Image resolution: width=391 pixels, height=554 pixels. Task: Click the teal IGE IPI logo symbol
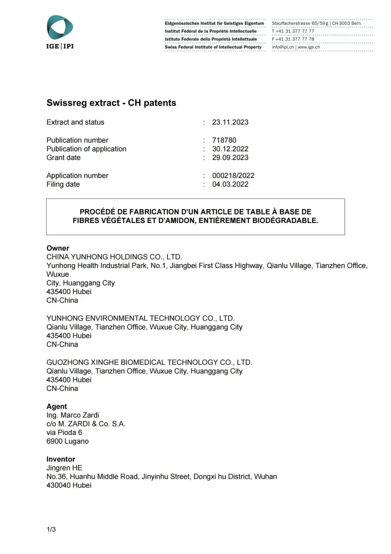click(60, 27)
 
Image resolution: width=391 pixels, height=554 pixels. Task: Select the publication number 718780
click(224, 140)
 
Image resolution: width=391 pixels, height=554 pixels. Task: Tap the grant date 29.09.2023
click(230, 158)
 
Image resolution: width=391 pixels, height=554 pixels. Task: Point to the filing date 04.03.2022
click(230, 185)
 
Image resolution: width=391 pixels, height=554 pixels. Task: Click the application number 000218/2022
click(233, 176)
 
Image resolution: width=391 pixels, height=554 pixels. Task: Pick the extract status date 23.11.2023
click(230, 123)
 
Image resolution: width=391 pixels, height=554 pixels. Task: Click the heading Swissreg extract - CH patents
click(111, 103)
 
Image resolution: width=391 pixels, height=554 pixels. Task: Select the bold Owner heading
click(58, 248)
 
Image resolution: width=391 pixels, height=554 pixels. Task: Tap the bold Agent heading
click(56, 406)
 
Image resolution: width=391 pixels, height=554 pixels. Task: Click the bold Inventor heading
click(60, 459)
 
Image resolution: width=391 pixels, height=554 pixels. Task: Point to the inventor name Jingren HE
click(64, 468)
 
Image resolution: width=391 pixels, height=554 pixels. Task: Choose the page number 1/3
click(51, 529)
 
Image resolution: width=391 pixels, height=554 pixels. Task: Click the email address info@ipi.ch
click(282, 47)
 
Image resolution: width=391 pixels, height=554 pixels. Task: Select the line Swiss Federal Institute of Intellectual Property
click(213, 47)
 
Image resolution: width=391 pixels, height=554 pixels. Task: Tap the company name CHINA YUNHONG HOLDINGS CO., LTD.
click(114, 257)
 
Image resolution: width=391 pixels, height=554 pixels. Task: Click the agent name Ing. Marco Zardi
click(72, 415)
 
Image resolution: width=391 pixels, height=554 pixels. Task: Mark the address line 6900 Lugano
click(67, 441)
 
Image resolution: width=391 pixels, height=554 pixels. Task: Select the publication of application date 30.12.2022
click(230, 149)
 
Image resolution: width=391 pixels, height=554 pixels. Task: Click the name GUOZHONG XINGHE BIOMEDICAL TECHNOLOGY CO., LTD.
click(149, 363)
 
